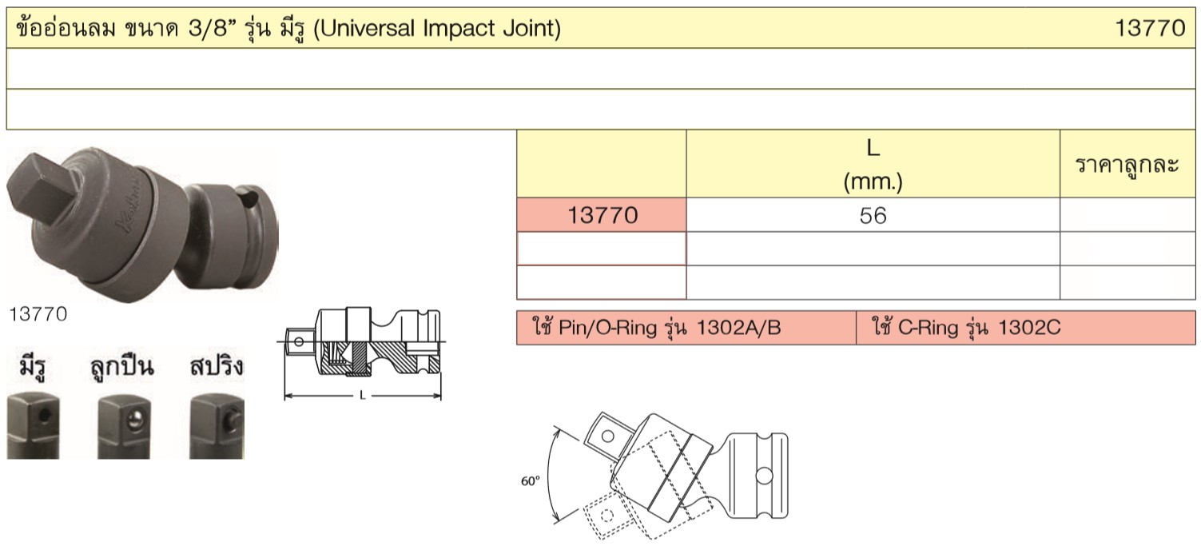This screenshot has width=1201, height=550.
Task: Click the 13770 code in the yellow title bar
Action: [x=1150, y=28]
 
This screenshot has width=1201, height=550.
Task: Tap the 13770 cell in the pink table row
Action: [x=602, y=215]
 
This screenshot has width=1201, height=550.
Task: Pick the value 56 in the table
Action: [x=873, y=216]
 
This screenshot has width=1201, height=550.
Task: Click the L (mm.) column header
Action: [x=873, y=165]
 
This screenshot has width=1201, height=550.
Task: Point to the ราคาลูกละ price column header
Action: [x=1127, y=165]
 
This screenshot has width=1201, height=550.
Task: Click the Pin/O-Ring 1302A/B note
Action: [x=657, y=327]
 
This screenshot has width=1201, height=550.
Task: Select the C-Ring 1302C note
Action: [x=966, y=327]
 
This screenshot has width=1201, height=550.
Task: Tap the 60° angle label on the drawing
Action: [x=531, y=480]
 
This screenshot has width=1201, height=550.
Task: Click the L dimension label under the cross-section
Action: [x=363, y=396]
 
